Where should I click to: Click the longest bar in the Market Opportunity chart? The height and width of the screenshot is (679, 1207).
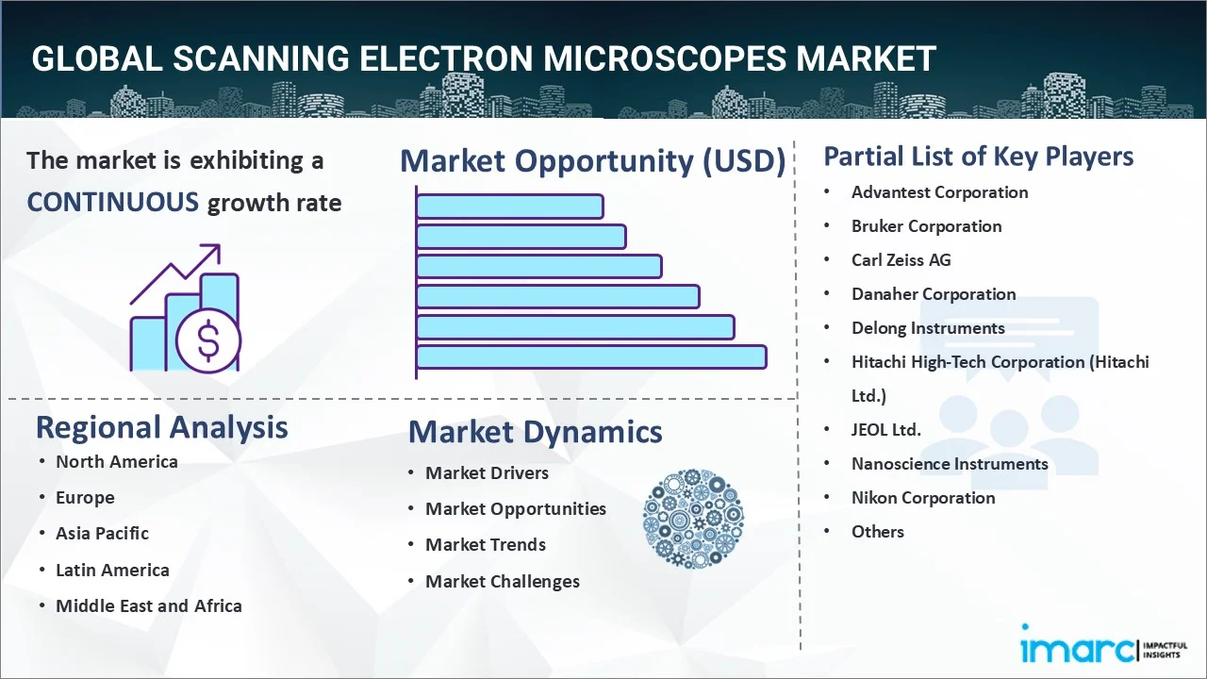point(590,356)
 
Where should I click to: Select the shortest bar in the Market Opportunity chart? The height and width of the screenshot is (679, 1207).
point(509,206)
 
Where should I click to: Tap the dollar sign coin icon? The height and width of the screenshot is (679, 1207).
point(207,341)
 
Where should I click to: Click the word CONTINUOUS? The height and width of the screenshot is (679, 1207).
point(112,202)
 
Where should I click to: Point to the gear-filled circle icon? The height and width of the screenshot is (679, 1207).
point(693,520)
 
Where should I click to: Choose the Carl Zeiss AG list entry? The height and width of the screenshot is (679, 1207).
point(901,260)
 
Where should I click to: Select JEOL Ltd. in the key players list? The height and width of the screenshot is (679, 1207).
point(885,430)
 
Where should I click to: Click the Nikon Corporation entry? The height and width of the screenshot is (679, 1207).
point(922,498)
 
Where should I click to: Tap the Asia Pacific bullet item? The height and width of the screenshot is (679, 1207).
point(102,534)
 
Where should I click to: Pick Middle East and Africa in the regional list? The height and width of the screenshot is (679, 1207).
point(148,606)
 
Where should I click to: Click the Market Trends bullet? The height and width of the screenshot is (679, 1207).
point(485,545)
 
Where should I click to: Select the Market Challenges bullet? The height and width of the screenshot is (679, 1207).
point(502,582)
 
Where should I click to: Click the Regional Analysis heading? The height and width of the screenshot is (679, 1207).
point(161,427)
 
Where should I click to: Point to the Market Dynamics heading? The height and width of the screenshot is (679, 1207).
point(535,432)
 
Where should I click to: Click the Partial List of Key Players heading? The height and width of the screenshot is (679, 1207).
point(978,157)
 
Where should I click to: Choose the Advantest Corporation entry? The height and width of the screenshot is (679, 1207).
point(939,192)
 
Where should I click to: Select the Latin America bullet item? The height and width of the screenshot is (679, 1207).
point(112,571)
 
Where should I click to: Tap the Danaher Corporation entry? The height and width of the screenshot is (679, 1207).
point(933,294)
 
